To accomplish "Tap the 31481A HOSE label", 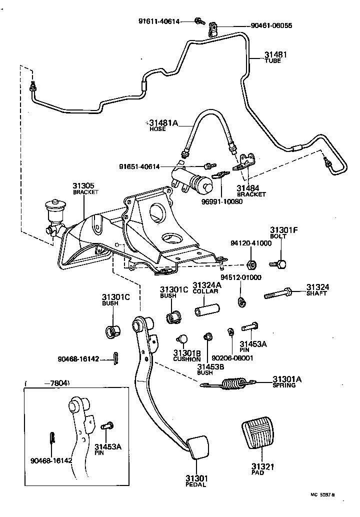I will (163, 125).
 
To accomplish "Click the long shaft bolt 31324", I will (280, 295).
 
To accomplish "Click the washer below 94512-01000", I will (241, 301).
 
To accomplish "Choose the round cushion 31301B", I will (182, 338).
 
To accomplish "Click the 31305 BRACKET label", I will (83, 187).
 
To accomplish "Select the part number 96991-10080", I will (222, 201).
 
